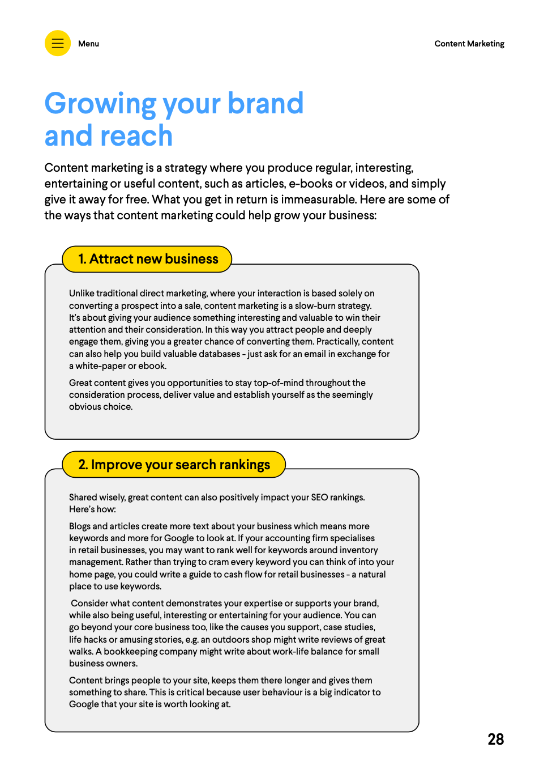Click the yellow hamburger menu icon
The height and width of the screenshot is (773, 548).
pos(58,43)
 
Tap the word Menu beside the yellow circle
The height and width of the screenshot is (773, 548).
pos(88,44)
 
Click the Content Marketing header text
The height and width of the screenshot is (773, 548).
pos(469,44)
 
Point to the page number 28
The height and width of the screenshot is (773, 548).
pos(495,739)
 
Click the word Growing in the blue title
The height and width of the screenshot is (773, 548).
pos(100,104)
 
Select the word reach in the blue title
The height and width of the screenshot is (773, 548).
pos(136,137)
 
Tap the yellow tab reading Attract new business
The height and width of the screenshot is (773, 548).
pos(148,259)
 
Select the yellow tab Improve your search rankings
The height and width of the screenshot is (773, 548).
pos(174,465)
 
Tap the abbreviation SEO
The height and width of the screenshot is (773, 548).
pos(319,498)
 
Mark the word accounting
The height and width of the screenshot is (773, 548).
pos(269,538)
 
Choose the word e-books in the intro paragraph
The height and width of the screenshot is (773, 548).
pos(311,184)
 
